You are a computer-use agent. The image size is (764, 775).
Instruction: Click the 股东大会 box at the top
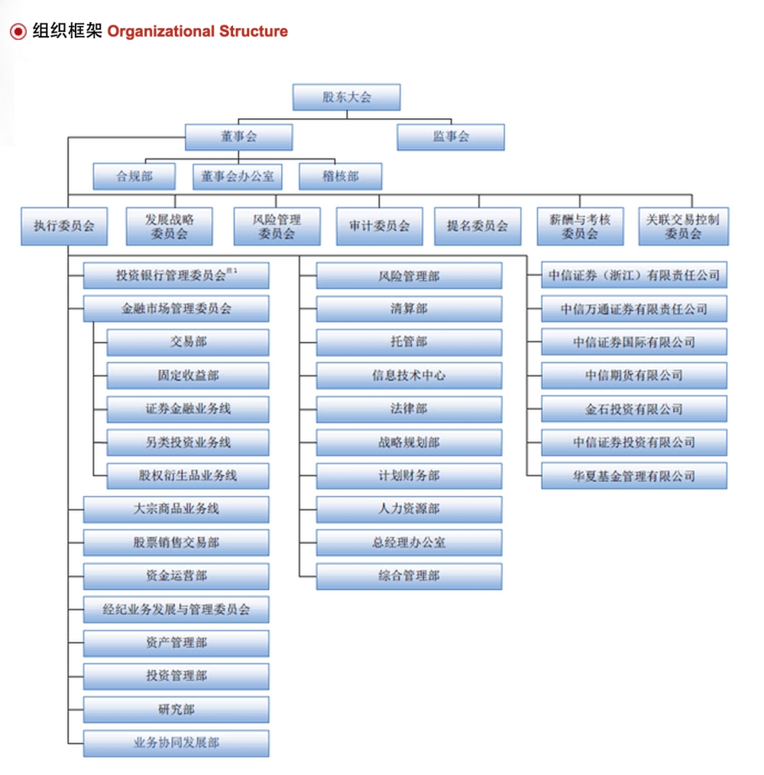coord(346,97)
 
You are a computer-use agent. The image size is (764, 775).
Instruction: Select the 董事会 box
coord(238,137)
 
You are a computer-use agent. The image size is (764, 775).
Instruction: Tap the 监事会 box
coord(451,137)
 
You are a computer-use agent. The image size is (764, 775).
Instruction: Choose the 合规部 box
coord(134,177)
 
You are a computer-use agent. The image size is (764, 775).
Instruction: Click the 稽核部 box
coord(341,177)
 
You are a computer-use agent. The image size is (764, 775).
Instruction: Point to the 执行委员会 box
coord(64,226)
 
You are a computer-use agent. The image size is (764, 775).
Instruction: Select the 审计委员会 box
coord(380,226)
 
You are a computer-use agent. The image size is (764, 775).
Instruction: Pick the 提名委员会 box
coord(477,226)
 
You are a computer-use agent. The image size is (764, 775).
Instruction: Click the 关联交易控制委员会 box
coord(684,226)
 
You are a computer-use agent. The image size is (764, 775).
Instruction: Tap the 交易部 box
coord(188,342)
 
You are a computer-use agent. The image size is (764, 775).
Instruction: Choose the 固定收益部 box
coord(188,375)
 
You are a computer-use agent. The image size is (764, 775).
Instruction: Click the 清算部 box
coord(410,309)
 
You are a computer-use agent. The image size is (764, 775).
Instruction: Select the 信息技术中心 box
coord(410,375)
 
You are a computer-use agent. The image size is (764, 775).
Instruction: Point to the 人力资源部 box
coord(410,509)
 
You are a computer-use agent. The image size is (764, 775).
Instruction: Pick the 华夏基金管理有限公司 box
coord(634,476)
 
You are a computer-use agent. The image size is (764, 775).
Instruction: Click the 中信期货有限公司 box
coord(634,375)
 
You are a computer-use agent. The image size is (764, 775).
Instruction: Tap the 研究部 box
coord(176,710)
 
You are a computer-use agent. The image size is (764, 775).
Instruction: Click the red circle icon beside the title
coord(18,31)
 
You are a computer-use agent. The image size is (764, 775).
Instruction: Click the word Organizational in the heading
coord(161,31)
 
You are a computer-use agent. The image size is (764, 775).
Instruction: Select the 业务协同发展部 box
coord(176,744)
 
